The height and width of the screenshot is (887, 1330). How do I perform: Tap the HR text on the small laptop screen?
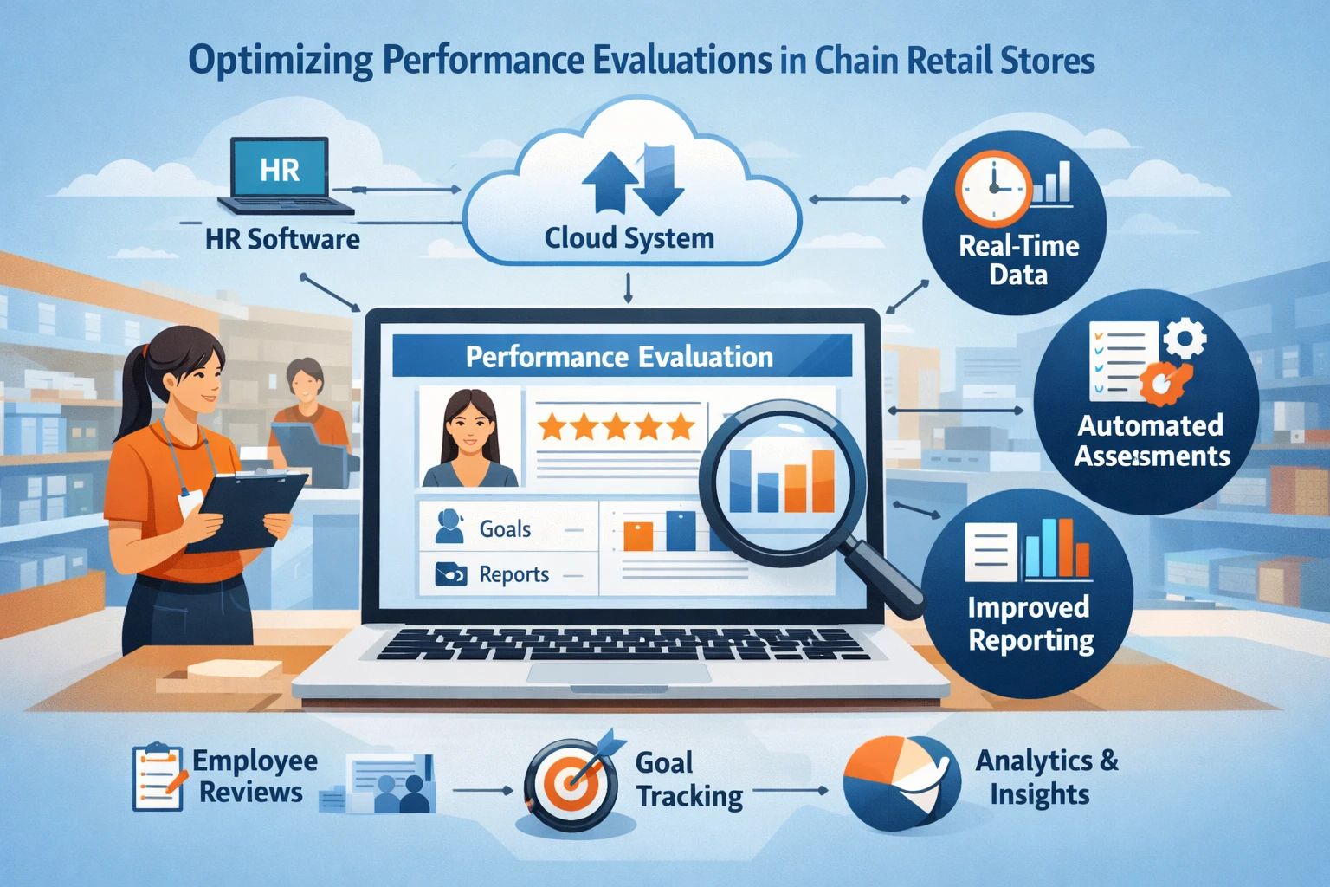(280, 171)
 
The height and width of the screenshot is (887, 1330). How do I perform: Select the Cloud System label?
(629, 239)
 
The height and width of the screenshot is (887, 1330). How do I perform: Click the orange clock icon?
(993, 188)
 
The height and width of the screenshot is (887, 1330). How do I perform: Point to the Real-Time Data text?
(1019, 261)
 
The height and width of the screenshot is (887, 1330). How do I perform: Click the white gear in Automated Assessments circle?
(1185, 339)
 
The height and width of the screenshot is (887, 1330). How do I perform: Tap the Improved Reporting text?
(1030, 624)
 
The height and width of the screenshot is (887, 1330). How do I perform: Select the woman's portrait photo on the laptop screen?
(469, 437)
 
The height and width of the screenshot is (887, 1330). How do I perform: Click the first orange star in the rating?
(552, 426)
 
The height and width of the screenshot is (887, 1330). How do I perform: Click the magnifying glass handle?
(884, 576)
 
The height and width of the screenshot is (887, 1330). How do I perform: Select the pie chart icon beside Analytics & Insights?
(901, 782)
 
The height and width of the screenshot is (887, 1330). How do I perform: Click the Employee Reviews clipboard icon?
(158, 777)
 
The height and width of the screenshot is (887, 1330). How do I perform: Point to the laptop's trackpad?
(619, 674)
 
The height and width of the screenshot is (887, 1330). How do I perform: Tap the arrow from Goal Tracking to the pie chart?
(791, 791)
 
